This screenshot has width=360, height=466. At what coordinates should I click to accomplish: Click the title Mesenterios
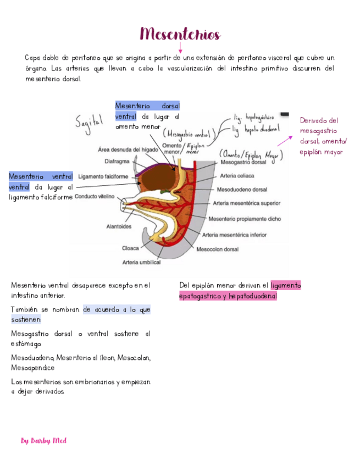tap(180, 35)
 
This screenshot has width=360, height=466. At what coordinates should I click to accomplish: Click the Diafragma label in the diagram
tap(117, 162)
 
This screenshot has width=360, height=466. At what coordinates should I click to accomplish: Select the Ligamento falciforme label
tap(103, 176)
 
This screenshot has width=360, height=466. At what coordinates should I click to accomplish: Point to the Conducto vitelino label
tap(95, 196)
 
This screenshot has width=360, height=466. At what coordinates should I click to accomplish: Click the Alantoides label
tap(119, 226)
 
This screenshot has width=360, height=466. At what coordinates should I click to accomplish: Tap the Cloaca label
tap(130, 248)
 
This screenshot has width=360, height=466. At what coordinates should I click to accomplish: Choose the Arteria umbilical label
tap(141, 262)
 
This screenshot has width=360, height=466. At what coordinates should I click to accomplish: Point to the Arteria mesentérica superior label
tap(250, 203)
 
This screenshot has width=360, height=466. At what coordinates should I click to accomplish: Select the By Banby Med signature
tap(43, 441)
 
